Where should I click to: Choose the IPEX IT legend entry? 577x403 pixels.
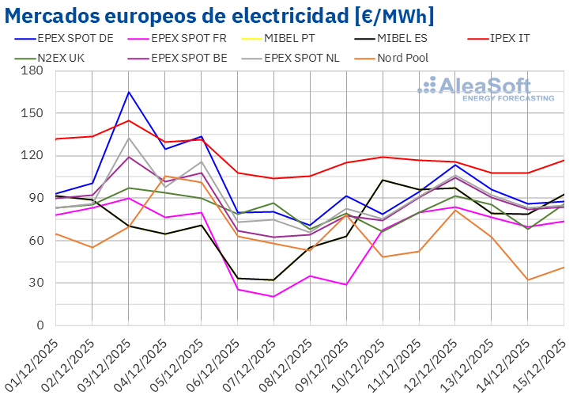519,37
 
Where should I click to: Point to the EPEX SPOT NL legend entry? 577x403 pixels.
300,57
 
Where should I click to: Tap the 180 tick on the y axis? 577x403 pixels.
33,70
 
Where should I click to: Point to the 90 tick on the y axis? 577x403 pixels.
36,198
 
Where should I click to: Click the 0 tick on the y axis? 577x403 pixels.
40,325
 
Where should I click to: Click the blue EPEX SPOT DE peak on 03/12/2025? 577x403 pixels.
129,92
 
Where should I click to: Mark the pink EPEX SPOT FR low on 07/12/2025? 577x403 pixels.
273,297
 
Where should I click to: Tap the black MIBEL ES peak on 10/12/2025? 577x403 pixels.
383,180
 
